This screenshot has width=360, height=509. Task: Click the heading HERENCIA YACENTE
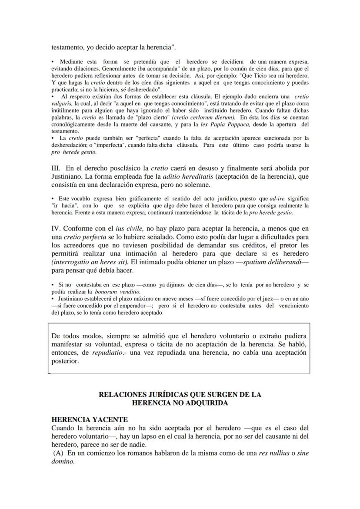tap(90, 419)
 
